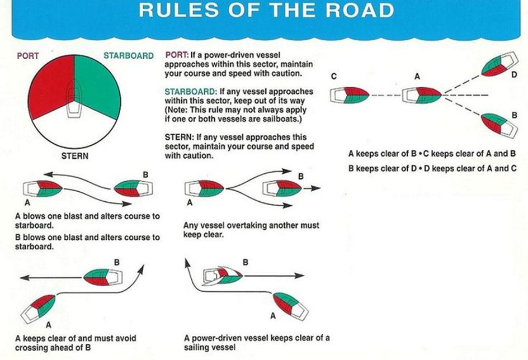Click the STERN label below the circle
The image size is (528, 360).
coord(74,155)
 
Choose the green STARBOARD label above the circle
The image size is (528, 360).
coord(128,56)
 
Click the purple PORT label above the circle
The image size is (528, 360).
coord(27,56)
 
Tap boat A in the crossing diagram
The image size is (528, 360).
coord(38,307)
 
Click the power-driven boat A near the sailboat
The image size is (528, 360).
coord(289,306)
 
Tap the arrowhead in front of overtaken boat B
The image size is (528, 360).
coord(318,188)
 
